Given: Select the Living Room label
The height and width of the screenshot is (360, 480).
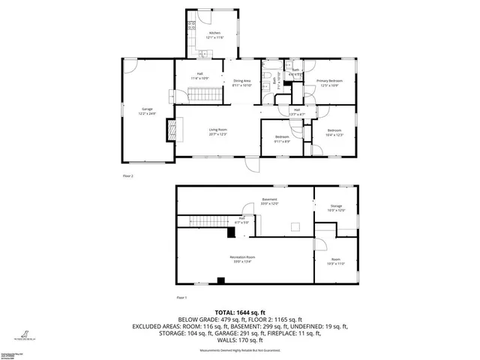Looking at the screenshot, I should [x=218, y=130].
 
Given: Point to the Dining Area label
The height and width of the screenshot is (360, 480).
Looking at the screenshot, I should [x=242, y=83].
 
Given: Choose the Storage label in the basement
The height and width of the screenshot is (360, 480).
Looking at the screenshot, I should [x=336, y=208].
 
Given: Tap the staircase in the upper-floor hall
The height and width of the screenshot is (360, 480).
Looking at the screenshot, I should [x=205, y=94].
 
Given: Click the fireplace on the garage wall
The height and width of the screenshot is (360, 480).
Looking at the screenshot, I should [x=173, y=130].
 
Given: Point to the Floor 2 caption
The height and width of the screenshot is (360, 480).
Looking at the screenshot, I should [x=127, y=175].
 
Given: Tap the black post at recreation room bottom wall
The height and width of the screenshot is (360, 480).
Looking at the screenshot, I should [x=220, y=281].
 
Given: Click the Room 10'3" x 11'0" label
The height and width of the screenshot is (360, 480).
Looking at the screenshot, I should [x=336, y=261].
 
